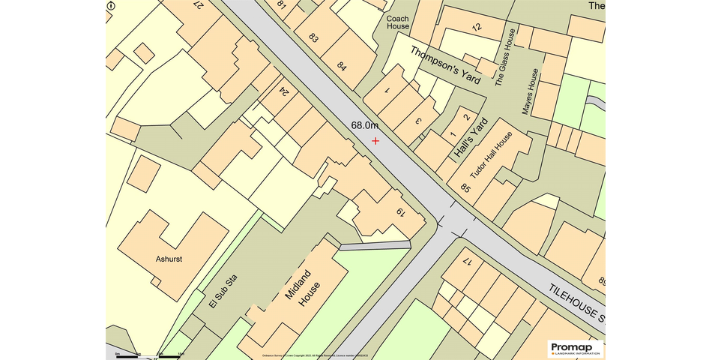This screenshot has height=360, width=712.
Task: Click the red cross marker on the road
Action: point(375,140)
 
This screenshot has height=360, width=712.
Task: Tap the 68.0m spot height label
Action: point(365,125)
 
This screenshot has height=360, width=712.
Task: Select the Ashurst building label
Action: point(169,259)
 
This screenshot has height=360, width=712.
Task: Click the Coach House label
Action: point(398,22)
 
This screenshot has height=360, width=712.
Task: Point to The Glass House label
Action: point(507,57)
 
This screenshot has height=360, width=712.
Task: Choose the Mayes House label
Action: point(531,91)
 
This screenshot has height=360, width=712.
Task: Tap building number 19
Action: point(401,212)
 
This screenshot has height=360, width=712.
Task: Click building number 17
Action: point(468,262)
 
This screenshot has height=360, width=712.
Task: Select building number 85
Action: point(466,188)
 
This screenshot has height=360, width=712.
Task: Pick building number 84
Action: point(343,65)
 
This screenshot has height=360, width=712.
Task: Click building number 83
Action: point(313,37)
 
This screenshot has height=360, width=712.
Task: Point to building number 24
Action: point(284,91)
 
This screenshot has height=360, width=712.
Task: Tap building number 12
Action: point(477,27)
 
